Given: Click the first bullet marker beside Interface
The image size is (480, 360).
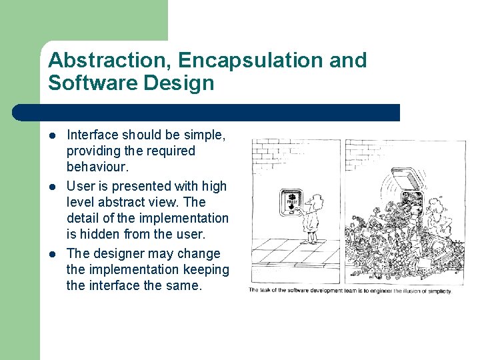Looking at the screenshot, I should click(53, 136).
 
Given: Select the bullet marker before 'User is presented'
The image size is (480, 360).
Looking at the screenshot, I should click(53, 187).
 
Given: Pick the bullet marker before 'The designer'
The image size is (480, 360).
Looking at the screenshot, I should click(53, 254).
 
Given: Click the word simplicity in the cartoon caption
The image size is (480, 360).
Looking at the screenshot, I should click(437, 291).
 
